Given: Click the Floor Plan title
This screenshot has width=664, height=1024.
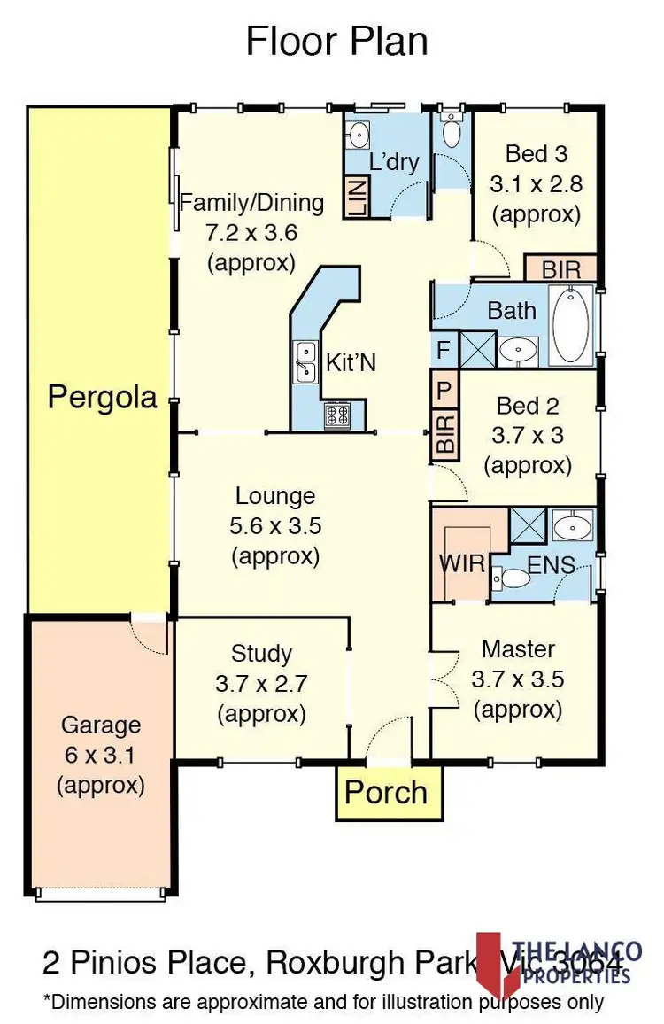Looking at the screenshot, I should pyautogui.click(x=336, y=42).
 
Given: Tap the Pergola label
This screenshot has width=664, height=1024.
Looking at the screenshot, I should pyautogui.click(x=102, y=397).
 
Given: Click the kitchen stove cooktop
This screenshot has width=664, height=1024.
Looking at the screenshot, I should pyautogui.click(x=337, y=415).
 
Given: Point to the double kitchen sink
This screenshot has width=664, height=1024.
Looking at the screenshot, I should pyautogui.click(x=305, y=362).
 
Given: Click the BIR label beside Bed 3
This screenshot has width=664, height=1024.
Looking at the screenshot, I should pyautogui.click(x=561, y=268).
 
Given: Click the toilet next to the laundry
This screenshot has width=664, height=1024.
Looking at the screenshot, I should pyautogui.click(x=452, y=134).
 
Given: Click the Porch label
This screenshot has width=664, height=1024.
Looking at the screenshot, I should pyautogui.click(x=386, y=792).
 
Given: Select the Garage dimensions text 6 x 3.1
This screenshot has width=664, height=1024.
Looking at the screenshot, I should pyautogui.click(x=100, y=755).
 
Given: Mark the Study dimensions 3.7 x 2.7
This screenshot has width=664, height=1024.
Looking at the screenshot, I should pyautogui.click(x=261, y=684).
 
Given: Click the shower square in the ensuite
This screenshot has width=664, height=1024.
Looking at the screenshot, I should pyautogui.click(x=529, y=526).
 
